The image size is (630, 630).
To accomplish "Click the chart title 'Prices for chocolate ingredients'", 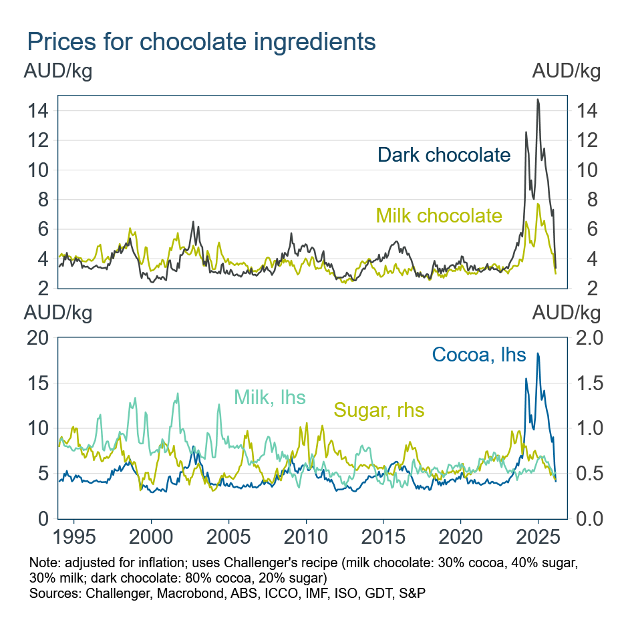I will point(201,41).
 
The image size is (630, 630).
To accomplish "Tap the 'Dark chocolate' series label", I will point(444,155).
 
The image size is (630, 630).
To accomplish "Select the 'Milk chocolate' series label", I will point(439,216).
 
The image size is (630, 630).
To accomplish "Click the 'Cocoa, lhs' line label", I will point(479,354).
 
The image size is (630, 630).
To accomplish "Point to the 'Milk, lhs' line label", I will point(269,398).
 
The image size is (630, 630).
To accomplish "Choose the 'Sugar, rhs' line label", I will point(379,410).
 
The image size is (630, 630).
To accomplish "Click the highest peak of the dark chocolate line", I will point(538,100).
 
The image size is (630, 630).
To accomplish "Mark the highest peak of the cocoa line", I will point(538,353).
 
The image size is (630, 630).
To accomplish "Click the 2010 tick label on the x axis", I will point(306,536).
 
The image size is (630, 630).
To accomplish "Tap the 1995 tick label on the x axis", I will point(73,536).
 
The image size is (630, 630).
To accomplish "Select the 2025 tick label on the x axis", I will point(538,536).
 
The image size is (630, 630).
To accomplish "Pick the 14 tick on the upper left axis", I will point(37,111).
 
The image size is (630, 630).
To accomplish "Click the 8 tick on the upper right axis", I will point(582,200).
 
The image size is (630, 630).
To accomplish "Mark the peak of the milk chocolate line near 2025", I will point(538,204).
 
